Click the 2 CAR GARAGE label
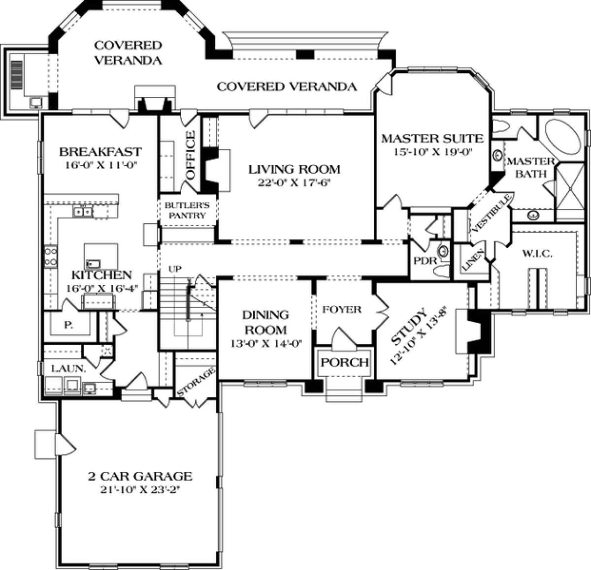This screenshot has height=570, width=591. [x=139, y=476]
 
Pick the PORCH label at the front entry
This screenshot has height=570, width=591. [x=345, y=362]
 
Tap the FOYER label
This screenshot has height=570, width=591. [x=342, y=310]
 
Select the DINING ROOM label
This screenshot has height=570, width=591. [x=265, y=322]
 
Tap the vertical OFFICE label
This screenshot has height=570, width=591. [x=190, y=149]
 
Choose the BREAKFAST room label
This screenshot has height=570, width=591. [x=100, y=151]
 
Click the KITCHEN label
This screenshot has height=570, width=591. [x=101, y=274]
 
